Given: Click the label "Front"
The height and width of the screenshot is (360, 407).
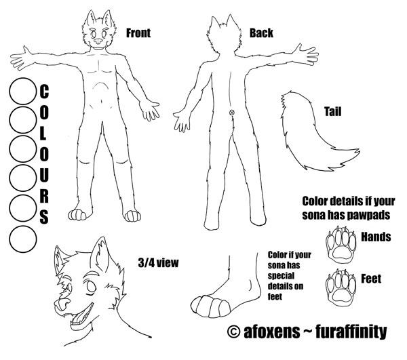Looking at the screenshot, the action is click(138, 33).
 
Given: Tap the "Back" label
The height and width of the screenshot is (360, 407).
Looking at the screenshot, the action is click(261, 33).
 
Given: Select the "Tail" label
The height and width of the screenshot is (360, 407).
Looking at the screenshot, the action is click(332, 112).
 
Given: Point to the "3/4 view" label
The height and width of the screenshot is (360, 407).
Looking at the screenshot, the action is click(158, 263).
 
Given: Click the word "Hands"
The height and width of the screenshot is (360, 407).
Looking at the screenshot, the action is click(376, 237).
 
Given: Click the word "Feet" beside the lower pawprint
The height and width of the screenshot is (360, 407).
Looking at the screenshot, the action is click(371, 279).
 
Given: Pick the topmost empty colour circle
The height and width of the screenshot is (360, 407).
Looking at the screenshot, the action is click(23, 92).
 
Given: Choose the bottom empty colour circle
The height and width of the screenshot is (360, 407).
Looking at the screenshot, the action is click(23, 239).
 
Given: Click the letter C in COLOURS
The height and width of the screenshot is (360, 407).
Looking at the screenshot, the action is click(44, 92).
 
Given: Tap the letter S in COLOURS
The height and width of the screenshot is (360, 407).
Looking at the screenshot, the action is click(44, 216).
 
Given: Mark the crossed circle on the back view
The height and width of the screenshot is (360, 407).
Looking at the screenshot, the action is click(232, 113).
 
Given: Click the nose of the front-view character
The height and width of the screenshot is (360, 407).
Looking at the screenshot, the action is click(98, 41).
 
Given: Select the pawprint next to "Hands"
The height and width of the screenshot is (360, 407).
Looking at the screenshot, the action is click(341, 244).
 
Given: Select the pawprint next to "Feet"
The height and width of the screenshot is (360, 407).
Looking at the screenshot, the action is click(341, 287).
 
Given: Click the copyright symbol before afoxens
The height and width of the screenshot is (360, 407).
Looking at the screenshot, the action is click(233, 332).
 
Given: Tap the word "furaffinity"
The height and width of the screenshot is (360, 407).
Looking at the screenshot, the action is click(351, 332).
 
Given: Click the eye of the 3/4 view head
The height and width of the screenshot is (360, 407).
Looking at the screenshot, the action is click(91, 286).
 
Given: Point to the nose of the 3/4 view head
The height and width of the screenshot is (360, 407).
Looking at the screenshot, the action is click(62, 304).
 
